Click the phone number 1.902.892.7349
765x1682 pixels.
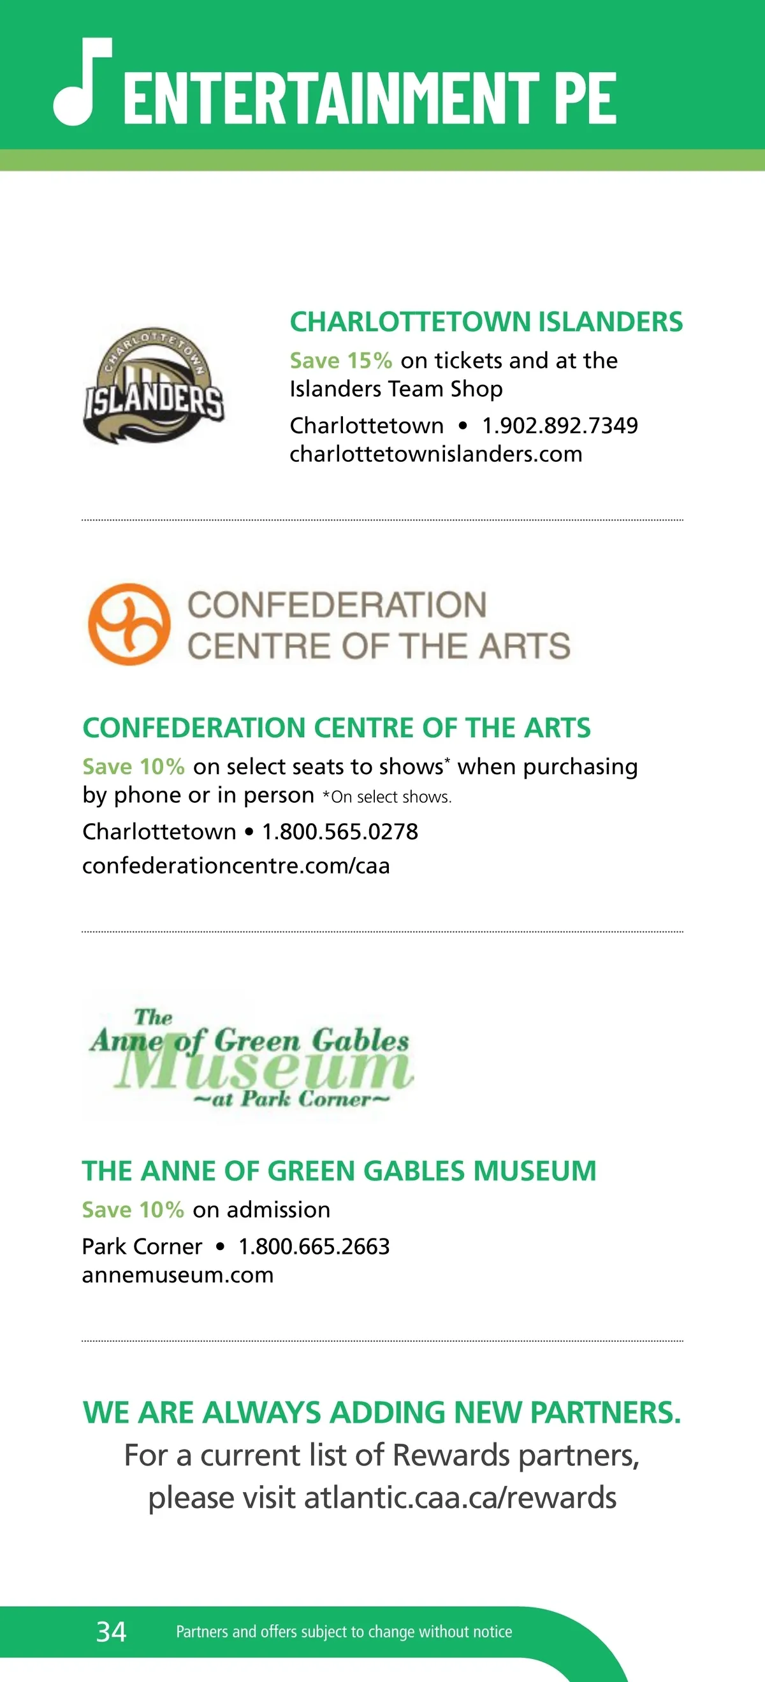click(560, 426)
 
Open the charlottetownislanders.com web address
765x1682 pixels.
click(436, 454)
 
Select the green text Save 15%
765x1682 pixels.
click(340, 361)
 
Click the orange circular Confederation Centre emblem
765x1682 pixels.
click(129, 624)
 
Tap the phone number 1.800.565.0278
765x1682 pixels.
click(340, 832)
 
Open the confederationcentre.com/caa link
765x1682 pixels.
click(236, 866)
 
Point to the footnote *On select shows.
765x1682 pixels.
click(387, 797)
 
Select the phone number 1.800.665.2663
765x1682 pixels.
click(314, 1246)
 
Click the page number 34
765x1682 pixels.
click(111, 1631)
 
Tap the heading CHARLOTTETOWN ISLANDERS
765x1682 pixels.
click(486, 322)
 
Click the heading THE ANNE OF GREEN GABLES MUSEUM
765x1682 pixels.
click(339, 1172)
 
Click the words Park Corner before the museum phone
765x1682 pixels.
click(142, 1246)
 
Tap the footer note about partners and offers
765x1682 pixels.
click(344, 1632)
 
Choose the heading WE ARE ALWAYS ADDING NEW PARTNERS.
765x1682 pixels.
click(382, 1412)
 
